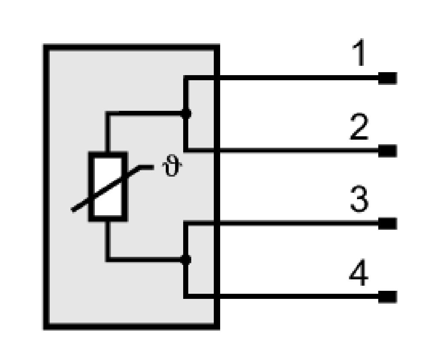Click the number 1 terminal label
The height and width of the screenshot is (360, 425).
point(359,53)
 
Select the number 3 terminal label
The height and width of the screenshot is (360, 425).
point(360,199)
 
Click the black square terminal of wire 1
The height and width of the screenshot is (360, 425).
point(388,78)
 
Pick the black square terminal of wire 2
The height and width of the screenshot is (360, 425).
point(388,151)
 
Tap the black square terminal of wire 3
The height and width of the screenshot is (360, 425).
point(388,223)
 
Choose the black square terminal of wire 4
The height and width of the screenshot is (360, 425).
point(388,297)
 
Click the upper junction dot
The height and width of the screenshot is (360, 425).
point(186,114)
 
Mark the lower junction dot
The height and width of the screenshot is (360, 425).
point(186,259)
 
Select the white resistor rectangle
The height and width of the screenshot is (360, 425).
point(108,187)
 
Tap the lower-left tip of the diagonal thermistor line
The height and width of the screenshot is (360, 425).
point(72,210)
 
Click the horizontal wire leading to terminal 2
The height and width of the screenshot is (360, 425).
point(283,150)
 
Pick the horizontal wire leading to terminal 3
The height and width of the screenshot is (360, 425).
point(283,223)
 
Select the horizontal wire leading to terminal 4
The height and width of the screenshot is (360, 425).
point(283,296)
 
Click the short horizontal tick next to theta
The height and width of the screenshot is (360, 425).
point(146,167)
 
